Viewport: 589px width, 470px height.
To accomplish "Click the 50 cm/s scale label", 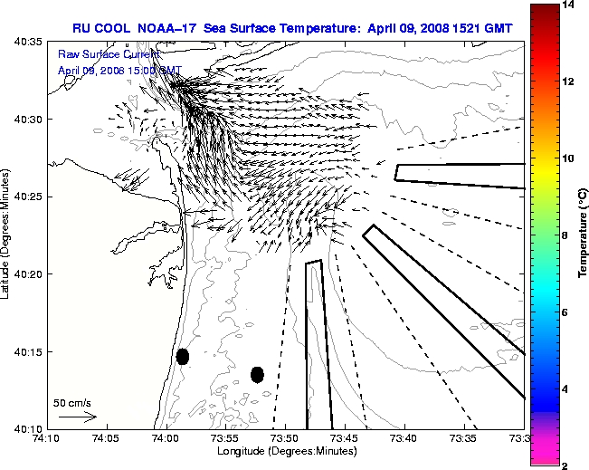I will click(72, 403).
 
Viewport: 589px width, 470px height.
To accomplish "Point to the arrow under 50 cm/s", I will click(78, 417).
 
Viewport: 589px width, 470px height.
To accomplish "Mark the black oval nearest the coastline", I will click(183, 356).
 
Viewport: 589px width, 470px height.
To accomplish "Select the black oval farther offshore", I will click(257, 374).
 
